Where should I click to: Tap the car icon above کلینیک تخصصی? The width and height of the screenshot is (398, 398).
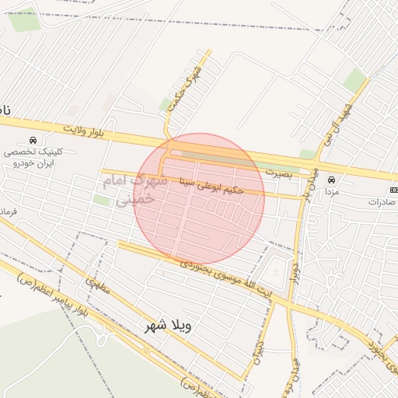coord(32,139)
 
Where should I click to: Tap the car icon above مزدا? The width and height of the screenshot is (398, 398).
coord(332,180)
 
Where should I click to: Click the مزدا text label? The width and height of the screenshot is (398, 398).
coord(331,191)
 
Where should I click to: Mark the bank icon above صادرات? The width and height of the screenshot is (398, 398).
coord(393,189)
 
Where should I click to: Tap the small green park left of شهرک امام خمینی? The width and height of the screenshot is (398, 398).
coord(101,201)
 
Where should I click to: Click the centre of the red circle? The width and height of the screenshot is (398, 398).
coord(199,199)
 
